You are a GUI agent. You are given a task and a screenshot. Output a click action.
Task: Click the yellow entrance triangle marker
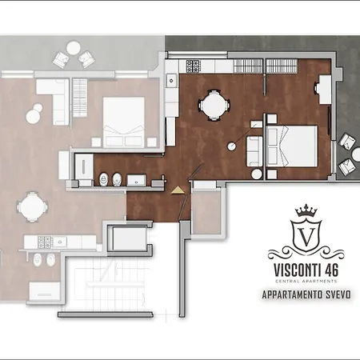point(175,190)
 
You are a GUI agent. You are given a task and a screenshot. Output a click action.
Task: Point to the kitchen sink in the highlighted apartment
point(171,80)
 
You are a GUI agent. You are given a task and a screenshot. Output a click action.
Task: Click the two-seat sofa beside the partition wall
point(253,149)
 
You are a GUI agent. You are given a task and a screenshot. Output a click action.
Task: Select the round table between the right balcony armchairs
point(350,154)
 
